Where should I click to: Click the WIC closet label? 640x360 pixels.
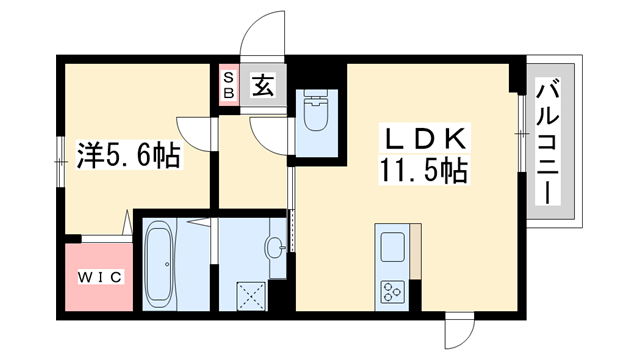pos(96,276)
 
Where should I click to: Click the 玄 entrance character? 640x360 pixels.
pos(262,86)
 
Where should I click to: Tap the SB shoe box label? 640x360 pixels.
pos(228,86)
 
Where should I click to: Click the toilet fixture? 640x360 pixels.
pos(317,115)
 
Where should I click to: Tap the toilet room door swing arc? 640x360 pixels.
pos(270,132)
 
